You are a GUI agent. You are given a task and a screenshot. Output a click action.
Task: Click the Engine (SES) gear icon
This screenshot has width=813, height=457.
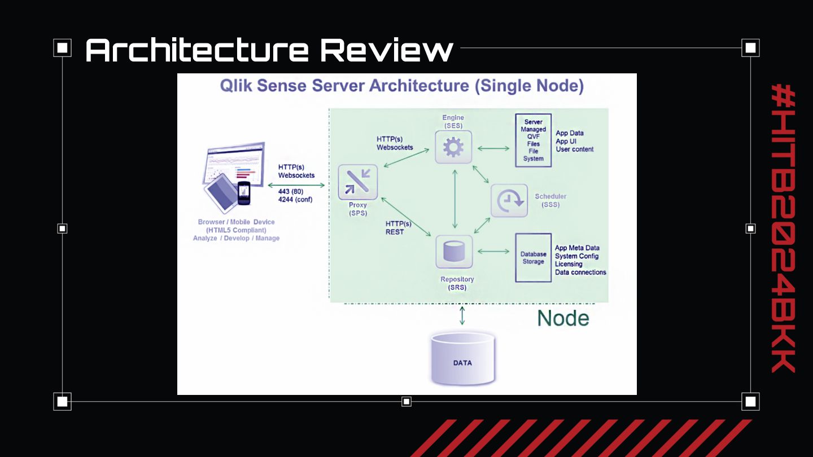pos(453,147)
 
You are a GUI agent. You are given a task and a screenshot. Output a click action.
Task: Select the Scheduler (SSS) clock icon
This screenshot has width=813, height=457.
pos(509,200)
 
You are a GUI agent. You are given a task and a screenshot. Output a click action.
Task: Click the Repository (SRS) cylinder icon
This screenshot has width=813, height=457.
pos(453,252)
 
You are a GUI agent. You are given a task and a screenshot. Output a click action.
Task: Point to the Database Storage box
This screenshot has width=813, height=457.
pos(533,258)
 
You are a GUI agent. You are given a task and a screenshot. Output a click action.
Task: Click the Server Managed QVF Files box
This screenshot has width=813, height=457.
pos(533,140)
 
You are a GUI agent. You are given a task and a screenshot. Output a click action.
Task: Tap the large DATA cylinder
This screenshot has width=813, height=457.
pos(462,359)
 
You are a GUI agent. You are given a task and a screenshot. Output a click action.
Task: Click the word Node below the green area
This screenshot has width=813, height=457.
pos(563,318)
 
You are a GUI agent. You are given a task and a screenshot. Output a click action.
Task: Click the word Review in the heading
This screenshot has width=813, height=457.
pos(387,50)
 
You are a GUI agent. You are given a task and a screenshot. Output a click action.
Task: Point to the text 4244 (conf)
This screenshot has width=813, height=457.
pos(295,199)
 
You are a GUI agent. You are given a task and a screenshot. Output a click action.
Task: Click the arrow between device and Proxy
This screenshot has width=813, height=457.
pos(296,184)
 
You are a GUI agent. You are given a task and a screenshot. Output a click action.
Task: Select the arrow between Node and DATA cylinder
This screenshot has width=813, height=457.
pos(462,315)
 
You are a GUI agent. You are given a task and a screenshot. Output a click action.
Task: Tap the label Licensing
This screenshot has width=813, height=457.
pos(569,264)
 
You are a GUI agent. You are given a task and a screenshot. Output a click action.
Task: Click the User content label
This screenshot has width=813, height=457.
pos(575,149)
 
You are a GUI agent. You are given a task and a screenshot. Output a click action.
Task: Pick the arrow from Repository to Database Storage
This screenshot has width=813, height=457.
pos(493,251)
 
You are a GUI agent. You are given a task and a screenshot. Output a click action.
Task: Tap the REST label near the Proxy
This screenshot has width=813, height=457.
pos(395,232)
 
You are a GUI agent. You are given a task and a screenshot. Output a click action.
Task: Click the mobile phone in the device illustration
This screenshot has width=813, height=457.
pos(243,194)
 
